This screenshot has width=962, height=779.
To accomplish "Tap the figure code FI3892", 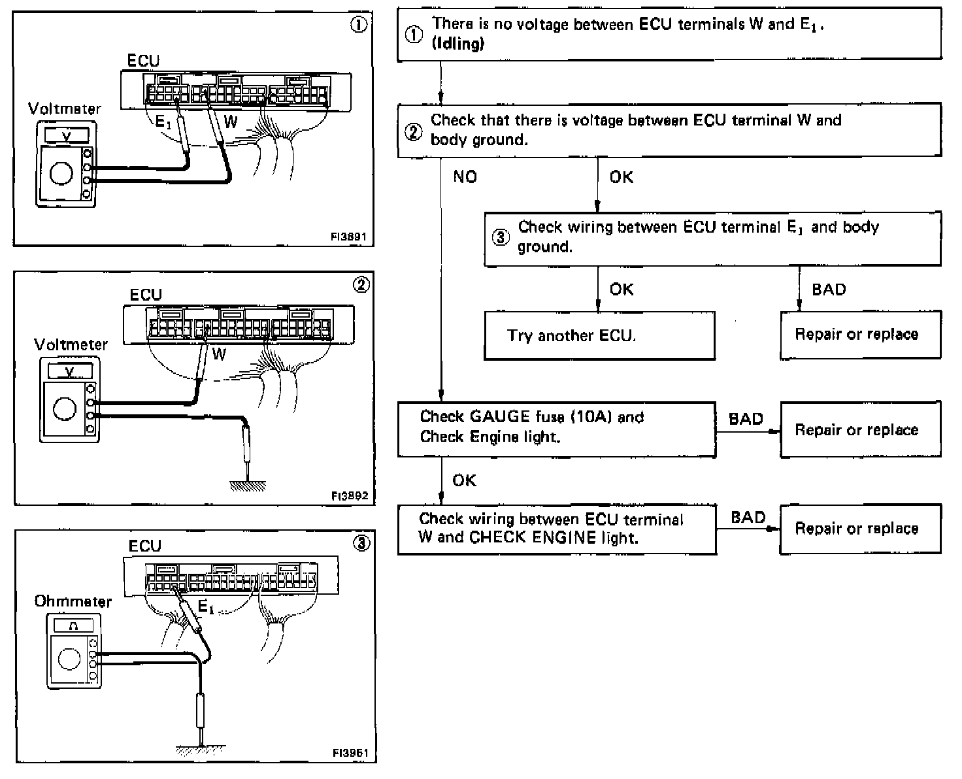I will (x=350, y=496).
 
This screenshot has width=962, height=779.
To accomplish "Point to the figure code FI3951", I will (x=350, y=753).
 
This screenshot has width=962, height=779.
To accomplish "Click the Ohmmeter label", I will (x=73, y=601).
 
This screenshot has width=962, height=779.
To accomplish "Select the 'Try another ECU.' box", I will (x=599, y=336).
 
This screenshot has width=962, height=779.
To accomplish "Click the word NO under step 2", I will (x=465, y=177).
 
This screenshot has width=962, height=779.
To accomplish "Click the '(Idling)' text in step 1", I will (x=458, y=44).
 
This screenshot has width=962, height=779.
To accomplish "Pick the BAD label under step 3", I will (x=829, y=290).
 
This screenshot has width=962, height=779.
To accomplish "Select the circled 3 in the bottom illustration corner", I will (x=361, y=544).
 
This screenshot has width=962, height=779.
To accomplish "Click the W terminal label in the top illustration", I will (x=231, y=122).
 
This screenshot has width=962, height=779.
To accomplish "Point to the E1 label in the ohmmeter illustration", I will (x=205, y=607).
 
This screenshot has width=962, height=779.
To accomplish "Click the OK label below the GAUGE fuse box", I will (x=464, y=480).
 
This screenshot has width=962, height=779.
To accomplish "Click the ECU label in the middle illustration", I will (x=146, y=295).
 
